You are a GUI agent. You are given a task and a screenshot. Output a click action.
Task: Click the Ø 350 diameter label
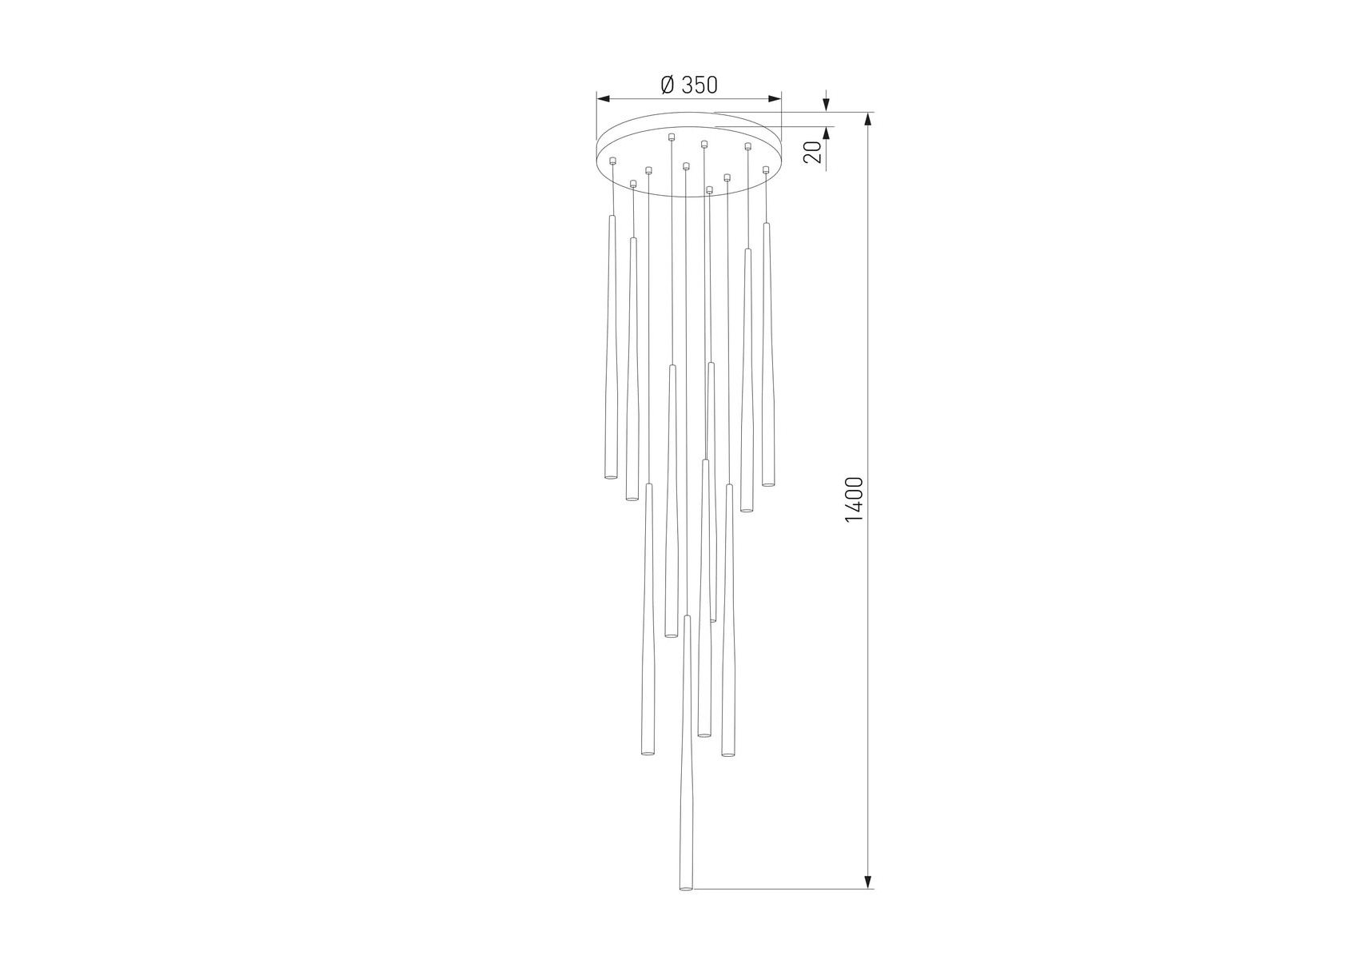(689, 85)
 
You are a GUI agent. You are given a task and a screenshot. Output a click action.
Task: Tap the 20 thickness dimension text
(813, 152)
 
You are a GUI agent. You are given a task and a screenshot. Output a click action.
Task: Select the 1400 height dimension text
(854, 499)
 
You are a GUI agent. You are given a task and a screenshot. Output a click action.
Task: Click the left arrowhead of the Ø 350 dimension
(604, 99)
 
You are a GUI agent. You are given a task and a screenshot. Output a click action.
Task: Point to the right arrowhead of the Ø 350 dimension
(774, 99)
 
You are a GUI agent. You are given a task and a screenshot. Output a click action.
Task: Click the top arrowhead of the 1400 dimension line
(867, 119)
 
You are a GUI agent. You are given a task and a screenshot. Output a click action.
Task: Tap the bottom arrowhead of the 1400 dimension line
(867, 881)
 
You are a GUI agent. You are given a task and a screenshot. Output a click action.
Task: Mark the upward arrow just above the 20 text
(827, 133)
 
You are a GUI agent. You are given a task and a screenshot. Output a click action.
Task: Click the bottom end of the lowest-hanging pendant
(685, 887)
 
